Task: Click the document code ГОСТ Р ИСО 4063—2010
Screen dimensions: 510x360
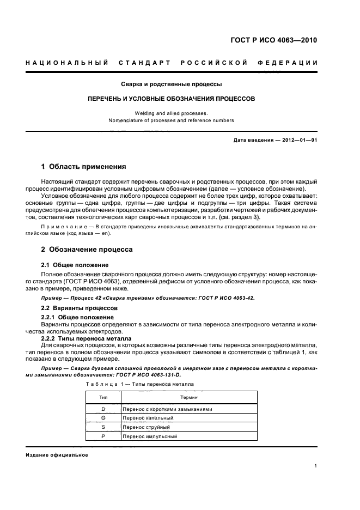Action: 274,40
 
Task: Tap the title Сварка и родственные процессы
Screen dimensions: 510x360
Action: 171,84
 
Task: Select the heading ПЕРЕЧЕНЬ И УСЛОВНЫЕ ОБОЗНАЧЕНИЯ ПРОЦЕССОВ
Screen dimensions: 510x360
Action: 172,100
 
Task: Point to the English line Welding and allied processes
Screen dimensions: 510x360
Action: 171,113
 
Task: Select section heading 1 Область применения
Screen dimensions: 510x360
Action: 84,166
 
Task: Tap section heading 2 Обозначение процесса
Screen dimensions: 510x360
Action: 87,249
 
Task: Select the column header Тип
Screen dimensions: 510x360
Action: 103,398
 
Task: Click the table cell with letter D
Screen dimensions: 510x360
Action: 103,409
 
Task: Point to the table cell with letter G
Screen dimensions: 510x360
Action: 103,418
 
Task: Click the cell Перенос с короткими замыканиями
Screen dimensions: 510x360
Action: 167,409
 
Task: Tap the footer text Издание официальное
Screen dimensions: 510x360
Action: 57,455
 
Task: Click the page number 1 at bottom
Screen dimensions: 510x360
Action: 316,466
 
